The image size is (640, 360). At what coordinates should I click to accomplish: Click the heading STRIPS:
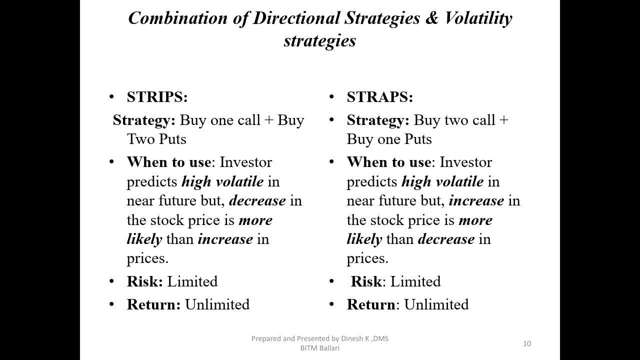click(157, 97)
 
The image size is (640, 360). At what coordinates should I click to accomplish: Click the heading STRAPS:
click(379, 97)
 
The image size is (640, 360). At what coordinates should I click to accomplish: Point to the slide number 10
click(527, 343)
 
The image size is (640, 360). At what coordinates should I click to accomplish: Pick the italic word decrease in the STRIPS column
click(257, 200)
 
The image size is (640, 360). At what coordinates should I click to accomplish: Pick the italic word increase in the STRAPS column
click(476, 200)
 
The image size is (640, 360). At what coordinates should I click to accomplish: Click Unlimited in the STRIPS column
click(217, 304)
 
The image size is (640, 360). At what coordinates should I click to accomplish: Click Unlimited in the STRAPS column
click(436, 304)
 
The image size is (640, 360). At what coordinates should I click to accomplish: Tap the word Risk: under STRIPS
click(145, 281)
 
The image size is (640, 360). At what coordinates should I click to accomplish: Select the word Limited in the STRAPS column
click(415, 281)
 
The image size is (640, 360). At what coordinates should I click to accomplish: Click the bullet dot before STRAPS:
click(331, 97)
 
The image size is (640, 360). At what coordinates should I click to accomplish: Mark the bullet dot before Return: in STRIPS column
click(111, 304)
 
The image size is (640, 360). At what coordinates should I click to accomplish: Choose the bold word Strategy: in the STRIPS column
click(144, 120)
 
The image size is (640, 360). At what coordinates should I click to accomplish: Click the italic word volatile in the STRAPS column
click(459, 181)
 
